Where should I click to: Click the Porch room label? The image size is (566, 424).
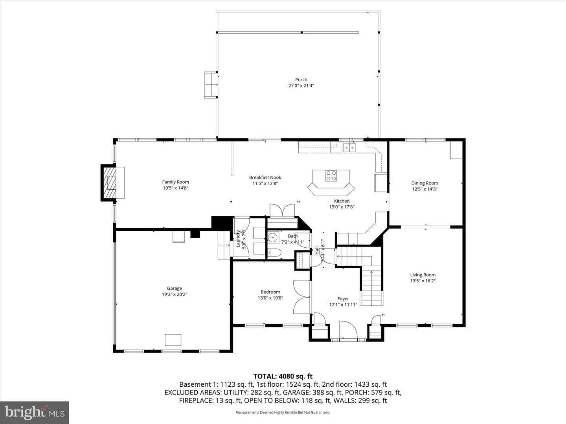[301, 80]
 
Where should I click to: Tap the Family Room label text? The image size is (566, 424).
[175, 182]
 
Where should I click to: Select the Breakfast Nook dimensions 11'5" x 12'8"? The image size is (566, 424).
[265, 183]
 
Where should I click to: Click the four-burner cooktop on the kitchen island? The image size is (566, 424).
[331, 176]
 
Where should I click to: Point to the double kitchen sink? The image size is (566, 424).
[349, 148]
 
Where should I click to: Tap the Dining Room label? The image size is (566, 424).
[424, 183]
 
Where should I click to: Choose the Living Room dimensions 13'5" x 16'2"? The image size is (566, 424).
[423, 281]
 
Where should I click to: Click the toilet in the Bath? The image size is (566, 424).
[274, 253]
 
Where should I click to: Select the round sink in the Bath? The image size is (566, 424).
[272, 238]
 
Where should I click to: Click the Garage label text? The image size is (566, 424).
[174, 288]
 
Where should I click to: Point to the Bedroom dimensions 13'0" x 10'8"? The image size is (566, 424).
[270, 298]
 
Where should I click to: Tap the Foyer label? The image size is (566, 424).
[343, 299]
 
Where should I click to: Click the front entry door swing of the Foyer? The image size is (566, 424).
[348, 330]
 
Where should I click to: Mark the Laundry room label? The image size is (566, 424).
[238, 238]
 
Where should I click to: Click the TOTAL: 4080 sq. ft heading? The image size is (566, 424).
[283, 376]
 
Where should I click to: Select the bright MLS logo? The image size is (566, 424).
[35, 412]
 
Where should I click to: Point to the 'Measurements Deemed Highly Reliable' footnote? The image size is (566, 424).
[283, 412]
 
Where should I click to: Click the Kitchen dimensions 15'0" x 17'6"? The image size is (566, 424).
[342, 207]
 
